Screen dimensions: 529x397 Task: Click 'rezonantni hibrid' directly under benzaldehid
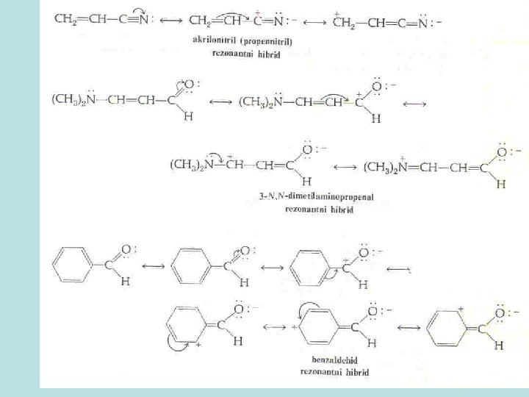tap(334, 372)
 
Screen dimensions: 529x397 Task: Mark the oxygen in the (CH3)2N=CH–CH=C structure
tap(501, 152)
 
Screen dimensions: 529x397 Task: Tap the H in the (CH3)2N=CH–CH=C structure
tap(501, 185)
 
